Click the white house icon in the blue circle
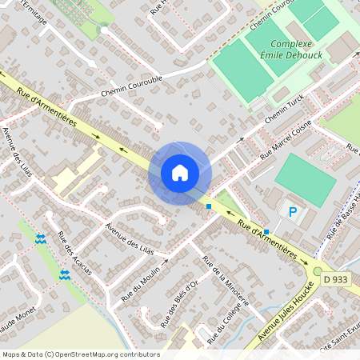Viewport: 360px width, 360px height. click(x=180, y=172)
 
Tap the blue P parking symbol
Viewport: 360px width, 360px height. click(x=292, y=212)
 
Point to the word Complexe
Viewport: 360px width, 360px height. click(x=290, y=45)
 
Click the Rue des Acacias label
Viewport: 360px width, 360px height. click(x=74, y=254)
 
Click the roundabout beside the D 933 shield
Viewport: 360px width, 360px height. click(x=318, y=273)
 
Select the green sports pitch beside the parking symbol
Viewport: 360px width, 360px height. click(x=306, y=179)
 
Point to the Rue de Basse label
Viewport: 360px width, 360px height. click(x=342, y=216)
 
